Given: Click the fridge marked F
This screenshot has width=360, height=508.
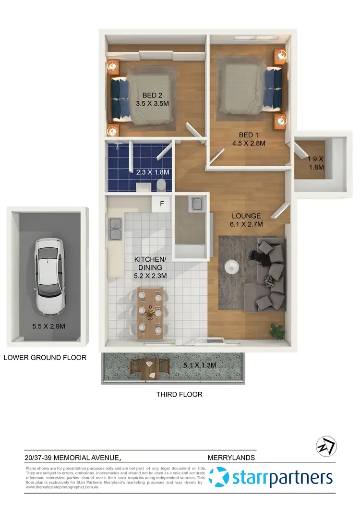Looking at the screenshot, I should point(162,204).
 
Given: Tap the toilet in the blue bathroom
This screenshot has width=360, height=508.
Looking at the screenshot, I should point(162,184).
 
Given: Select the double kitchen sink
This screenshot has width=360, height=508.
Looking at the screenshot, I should point(115,229).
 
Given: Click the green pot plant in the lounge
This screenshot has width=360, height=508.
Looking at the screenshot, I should point(276,330).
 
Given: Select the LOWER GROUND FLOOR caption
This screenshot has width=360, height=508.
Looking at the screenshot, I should point(45,357).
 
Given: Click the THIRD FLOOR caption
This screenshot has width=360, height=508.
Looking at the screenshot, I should point(179,394).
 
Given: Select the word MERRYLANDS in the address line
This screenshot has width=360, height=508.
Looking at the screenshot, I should point(231,458).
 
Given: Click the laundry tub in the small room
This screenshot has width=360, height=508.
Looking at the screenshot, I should point(196,206).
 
